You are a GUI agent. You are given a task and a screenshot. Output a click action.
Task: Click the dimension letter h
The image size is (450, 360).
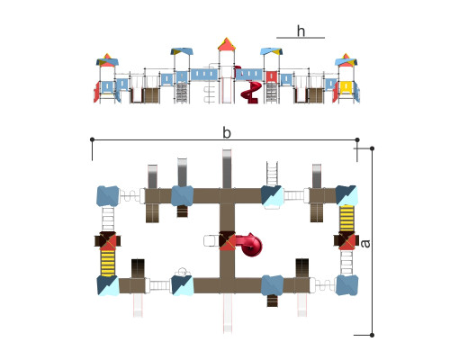click(x=301, y=31)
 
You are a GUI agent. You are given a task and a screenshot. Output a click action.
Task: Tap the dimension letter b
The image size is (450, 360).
click(x=227, y=133)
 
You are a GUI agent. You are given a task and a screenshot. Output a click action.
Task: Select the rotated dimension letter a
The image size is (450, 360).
click(x=365, y=244)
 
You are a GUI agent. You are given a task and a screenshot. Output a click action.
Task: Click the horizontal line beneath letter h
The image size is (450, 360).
click(x=301, y=38)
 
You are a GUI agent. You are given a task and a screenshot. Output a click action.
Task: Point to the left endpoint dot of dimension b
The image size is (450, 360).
click(x=92, y=139)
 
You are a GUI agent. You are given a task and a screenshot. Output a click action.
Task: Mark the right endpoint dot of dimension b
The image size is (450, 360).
click(x=357, y=139)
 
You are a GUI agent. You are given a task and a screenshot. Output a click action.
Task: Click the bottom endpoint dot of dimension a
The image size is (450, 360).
click(x=372, y=335)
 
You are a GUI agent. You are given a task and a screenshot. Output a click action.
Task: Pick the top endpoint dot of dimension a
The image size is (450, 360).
click(x=372, y=148)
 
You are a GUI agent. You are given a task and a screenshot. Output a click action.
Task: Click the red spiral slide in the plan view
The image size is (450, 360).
click(x=250, y=245)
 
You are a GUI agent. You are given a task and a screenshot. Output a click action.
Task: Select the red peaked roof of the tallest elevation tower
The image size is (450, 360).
click(x=227, y=44)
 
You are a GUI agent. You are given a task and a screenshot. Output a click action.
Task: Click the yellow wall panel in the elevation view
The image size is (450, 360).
click(x=346, y=87)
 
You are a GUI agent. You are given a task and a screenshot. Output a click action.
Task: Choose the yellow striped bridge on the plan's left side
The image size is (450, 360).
click(x=108, y=263)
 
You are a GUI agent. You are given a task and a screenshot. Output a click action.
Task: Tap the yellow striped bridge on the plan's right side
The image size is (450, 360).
click(x=346, y=218)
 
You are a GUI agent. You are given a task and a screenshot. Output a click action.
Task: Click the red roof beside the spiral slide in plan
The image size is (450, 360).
click(x=227, y=240)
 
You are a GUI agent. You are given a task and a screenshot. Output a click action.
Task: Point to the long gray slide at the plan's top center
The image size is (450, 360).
click(x=227, y=168)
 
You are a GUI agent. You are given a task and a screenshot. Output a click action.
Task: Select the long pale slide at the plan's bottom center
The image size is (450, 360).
click(x=228, y=313)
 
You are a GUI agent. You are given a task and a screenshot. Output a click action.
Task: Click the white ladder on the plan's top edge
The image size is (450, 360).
click(x=272, y=174)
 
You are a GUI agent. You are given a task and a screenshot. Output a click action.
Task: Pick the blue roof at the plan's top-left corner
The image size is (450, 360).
click(x=108, y=196)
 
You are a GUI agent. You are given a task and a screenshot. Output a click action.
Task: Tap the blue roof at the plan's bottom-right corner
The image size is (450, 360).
click(x=346, y=285)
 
